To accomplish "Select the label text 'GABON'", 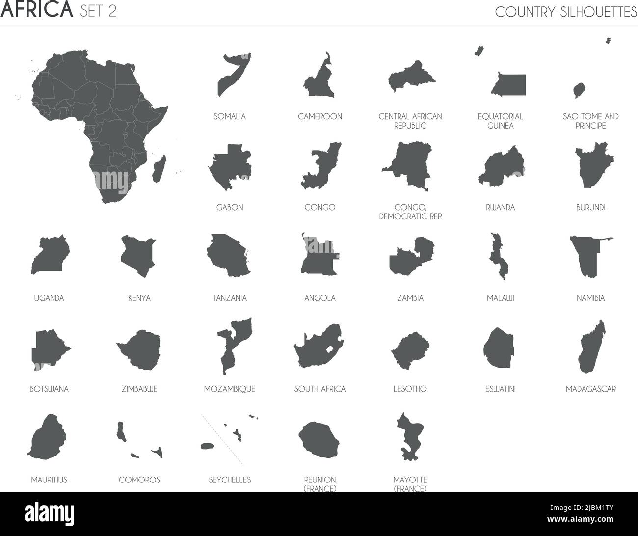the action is click(x=230, y=207).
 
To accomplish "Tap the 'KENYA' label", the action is click(x=139, y=298).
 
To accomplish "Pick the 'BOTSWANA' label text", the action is click(x=49, y=389).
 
